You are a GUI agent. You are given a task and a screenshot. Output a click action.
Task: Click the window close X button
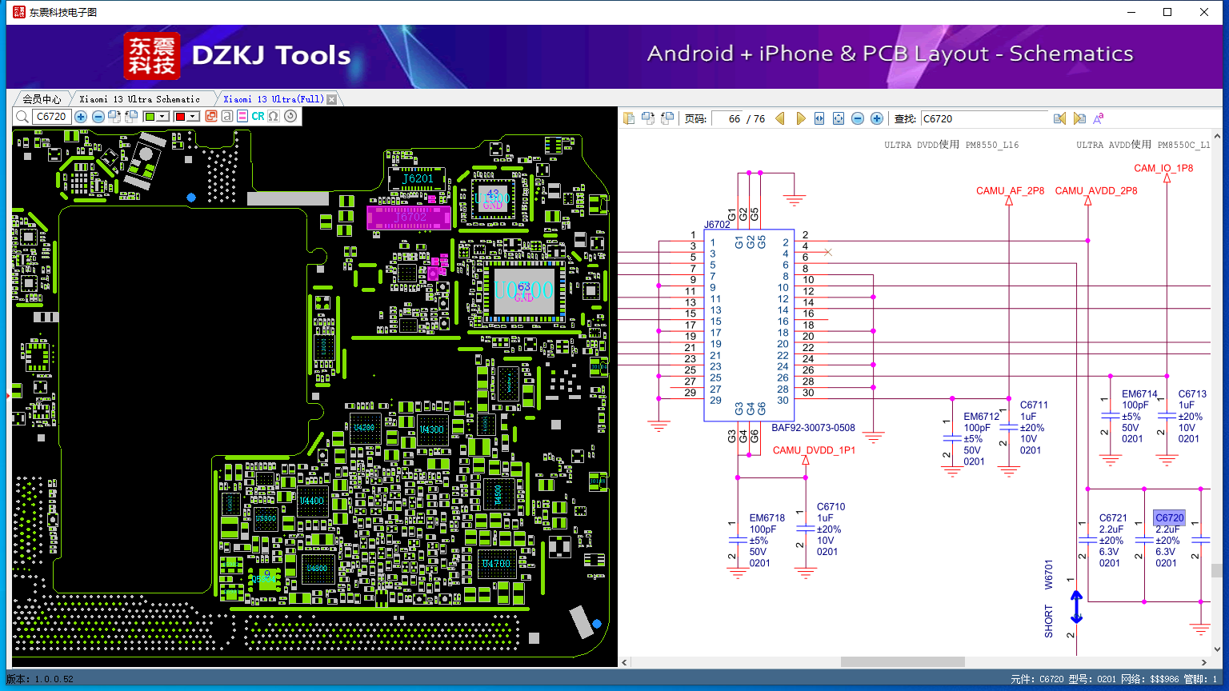tap(1204, 12)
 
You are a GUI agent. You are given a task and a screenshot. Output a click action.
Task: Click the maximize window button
tap(1167, 12)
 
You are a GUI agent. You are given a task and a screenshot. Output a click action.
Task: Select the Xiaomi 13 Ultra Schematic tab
tap(140, 99)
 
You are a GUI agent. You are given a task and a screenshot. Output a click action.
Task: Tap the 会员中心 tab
tap(42, 99)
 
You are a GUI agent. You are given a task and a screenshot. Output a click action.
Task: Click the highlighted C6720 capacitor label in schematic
tap(1169, 518)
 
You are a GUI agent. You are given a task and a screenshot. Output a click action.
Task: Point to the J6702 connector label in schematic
tap(717, 225)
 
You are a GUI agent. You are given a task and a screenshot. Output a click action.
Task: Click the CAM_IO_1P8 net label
tap(1163, 168)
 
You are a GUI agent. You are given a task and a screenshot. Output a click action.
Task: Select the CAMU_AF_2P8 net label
tap(1010, 191)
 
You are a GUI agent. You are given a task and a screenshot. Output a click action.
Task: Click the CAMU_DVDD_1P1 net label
tap(814, 450)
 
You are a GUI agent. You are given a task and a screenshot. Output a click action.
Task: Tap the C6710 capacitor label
tap(831, 507)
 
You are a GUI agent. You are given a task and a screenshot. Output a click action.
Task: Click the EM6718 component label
tap(767, 518)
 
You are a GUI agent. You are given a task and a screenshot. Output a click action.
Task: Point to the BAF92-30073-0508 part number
tap(813, 428)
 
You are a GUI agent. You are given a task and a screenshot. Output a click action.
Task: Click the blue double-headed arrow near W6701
tap(1076, 607)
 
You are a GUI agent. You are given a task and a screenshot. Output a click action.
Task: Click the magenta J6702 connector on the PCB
tap(408, 217)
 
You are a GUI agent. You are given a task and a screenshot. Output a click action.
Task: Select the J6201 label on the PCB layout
tap(418, 178)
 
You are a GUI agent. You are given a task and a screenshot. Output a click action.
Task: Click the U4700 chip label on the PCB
tap(496, 564)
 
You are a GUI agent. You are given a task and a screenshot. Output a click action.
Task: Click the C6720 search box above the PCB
tap(52, 117)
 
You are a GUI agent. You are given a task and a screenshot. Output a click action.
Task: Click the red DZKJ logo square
tap(152, 56)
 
